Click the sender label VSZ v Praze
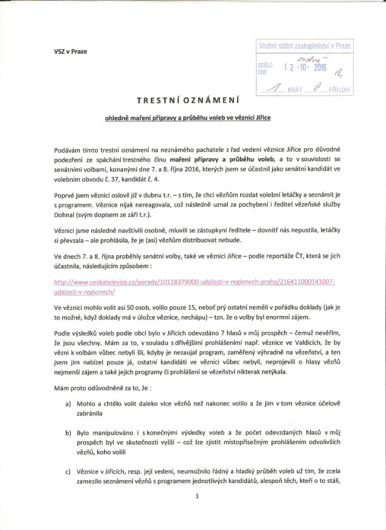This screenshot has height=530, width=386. point(70,51)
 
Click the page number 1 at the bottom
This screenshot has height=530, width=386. point(196,496)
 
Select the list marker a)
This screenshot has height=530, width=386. point(68,405)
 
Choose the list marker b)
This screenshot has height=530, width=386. point(68,433)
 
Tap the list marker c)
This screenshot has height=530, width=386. point(68,471)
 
